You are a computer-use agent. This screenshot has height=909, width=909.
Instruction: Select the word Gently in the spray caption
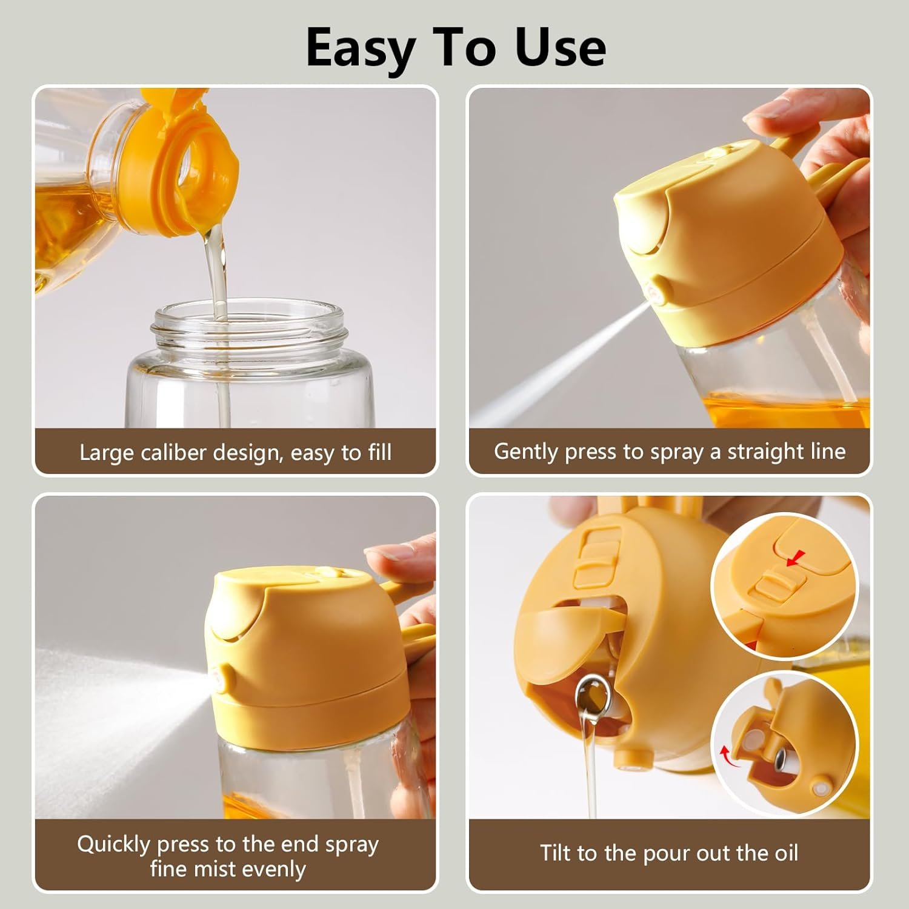(525, 452)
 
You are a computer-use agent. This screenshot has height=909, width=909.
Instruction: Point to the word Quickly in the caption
(113, 844)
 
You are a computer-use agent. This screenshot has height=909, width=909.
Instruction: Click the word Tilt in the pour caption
(556, 853)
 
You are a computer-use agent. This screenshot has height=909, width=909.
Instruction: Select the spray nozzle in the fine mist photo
(222, 678)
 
